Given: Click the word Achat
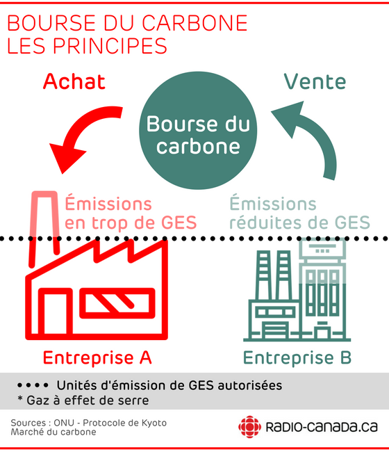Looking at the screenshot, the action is pos(74,81).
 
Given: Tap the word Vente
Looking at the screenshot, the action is pos(315,81).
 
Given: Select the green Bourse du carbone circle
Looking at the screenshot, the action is pos(198,130).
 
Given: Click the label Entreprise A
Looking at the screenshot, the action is pos(97,357).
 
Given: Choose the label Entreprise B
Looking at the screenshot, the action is pos(297,357).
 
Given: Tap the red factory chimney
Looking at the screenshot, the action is pos(44,227).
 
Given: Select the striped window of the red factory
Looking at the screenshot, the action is pos(117,303).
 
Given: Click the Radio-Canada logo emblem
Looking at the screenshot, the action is pos(249,427).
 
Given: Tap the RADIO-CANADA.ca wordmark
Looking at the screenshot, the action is pos(322,427).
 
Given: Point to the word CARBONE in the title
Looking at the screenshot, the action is pos(194,23).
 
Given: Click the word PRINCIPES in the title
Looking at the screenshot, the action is pos(110,45).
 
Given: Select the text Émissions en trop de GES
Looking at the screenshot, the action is pos(131,213).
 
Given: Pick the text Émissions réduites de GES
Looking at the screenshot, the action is pos(300,213).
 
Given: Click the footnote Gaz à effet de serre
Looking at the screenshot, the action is pos(83,401).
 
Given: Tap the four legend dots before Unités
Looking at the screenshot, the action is pos(33,385).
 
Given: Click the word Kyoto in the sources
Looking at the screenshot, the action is pos(154,423).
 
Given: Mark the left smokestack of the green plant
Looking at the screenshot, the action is pos(264,275).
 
